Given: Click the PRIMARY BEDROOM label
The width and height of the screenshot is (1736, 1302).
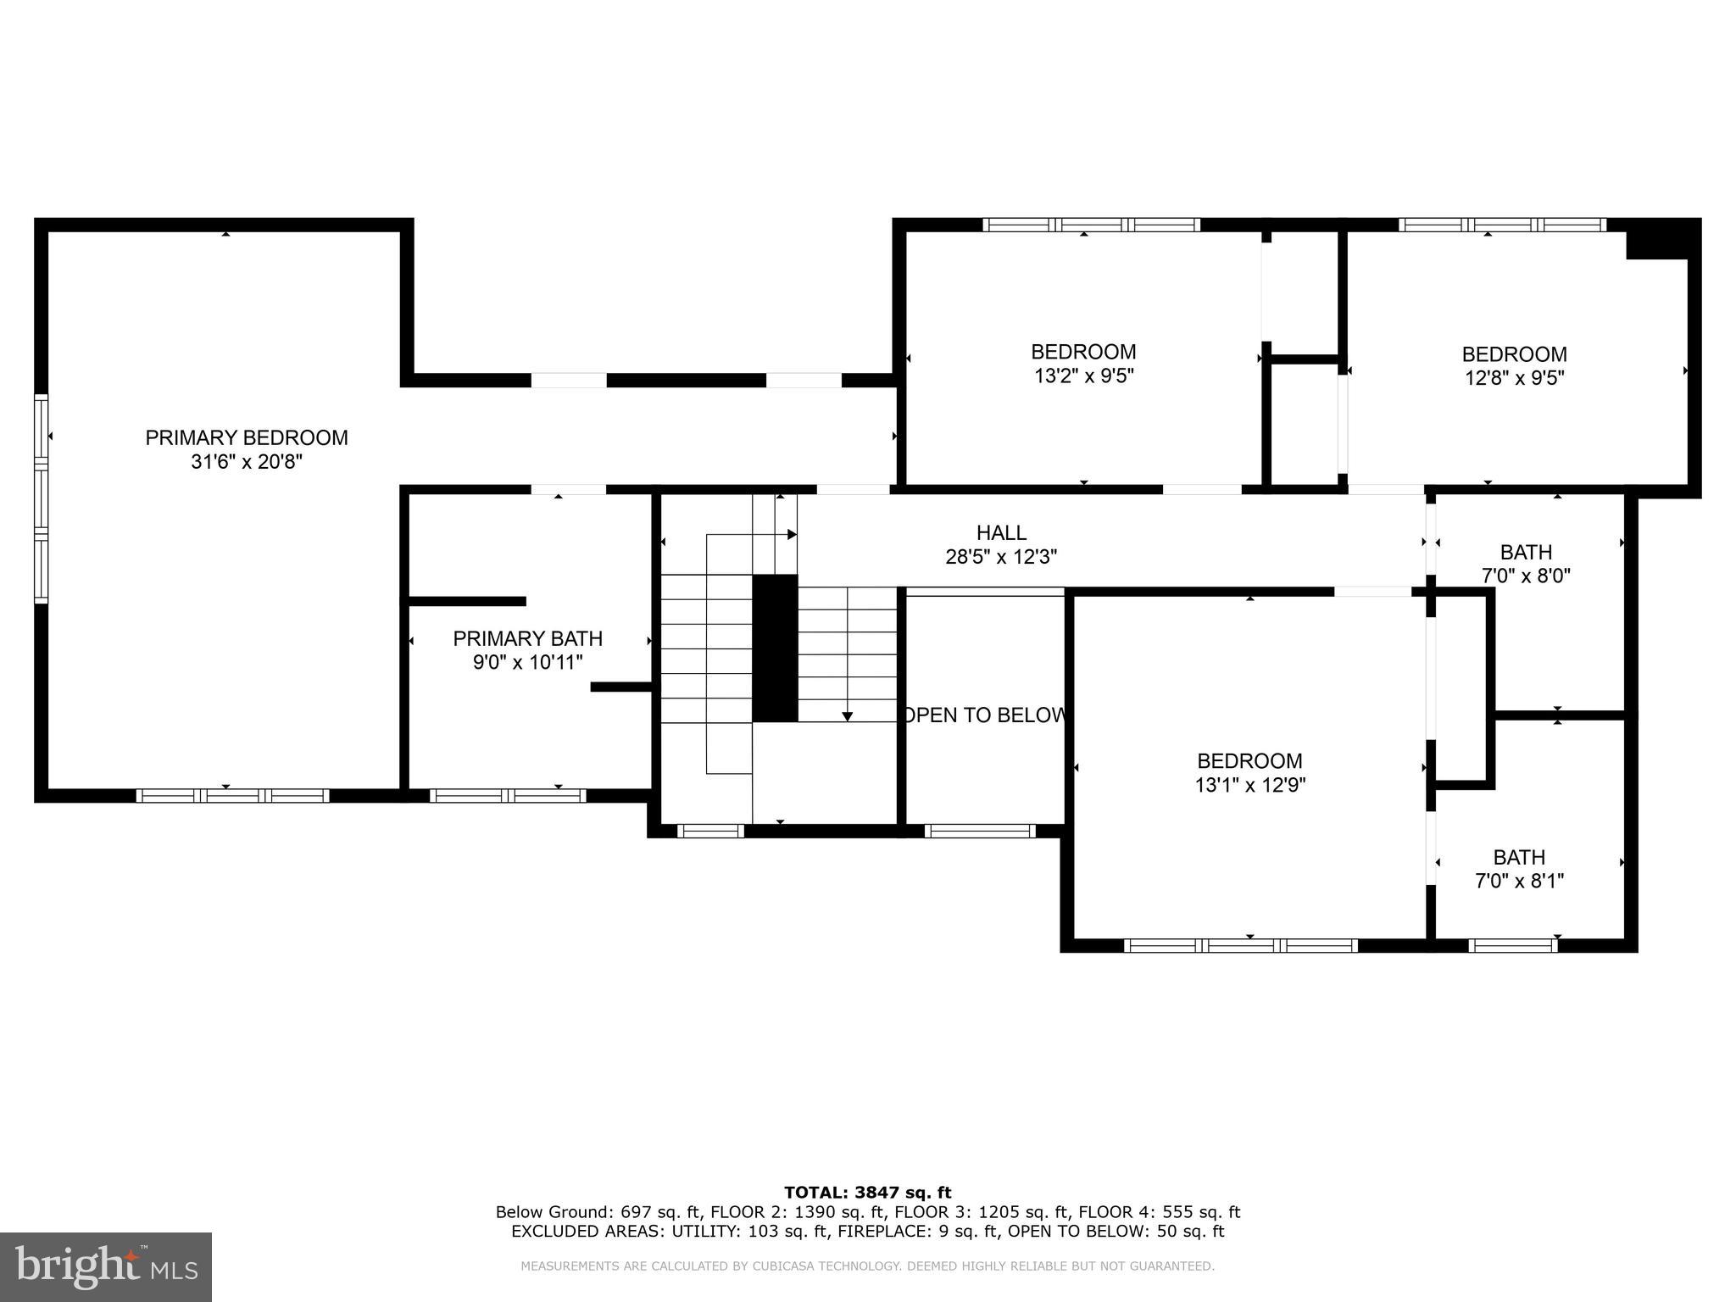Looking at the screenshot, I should (x=246, y=437).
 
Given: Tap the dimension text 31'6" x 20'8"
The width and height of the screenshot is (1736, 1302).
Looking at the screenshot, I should (x=246, y=462).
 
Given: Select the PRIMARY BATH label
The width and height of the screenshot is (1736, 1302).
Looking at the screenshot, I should (x=527, y=638).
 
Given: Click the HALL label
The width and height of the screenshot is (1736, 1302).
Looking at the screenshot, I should (x=1001, y=532).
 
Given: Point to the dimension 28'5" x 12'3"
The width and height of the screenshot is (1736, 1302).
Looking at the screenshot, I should (x=1001, y=557).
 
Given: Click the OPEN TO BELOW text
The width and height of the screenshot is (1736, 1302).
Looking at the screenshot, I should (x=983, y=715).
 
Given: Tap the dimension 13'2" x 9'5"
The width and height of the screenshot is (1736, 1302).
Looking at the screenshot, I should (x=1083, y=376).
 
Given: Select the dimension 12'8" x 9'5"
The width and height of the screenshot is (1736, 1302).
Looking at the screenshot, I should (x=1514, y=378).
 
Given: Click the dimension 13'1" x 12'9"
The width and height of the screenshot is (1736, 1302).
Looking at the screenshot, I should (x=1249, y=785).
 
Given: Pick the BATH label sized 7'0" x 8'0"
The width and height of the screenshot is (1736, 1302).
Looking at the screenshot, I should (x=1526, y=552).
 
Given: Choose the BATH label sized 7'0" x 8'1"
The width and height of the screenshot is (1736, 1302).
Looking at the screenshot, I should (x=1519, y=857).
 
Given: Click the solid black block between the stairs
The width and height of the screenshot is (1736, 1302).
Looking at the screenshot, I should (x=775, y=648).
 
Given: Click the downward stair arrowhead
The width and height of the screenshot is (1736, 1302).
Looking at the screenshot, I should (x=847, y=717).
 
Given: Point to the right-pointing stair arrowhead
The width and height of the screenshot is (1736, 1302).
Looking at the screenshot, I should (x=793, y=534).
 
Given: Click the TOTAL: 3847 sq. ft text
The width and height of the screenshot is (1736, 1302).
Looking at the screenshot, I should (x=867, y=1193).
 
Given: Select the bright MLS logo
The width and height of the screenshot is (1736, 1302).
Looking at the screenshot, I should (x=106, y=1266).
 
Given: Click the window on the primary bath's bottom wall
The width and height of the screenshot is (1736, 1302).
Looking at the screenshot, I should (x=507, y=795).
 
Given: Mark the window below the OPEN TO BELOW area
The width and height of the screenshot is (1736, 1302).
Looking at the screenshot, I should (x=980, y=831).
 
